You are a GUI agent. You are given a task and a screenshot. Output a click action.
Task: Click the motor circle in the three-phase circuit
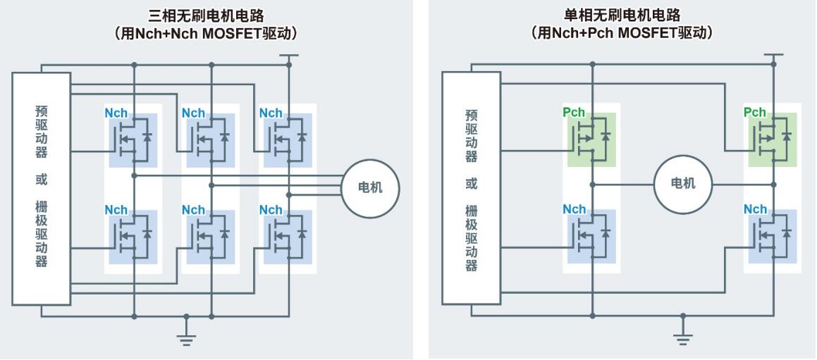click(371, 188)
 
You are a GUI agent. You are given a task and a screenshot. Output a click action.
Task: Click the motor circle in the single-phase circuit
click(683, 184)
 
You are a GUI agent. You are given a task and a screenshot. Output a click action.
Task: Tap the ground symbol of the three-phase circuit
click(187, 339)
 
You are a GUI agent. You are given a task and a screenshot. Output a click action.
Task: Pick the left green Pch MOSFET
click(591, 139)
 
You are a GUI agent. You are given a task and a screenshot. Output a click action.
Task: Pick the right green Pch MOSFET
click(773, 139)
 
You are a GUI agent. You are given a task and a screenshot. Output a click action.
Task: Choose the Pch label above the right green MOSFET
click(754, 113)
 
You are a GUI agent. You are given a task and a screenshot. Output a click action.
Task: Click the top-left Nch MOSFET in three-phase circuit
click(133, 139)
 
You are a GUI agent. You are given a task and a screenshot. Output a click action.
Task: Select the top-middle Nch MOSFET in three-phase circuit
click(211, 139)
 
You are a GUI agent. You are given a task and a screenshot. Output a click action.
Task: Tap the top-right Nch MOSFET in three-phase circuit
click(288, 139)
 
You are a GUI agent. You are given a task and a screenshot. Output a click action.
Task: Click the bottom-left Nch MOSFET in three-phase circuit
click(133, 237)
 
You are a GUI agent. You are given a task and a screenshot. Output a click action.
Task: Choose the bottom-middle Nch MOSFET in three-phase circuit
click(211, 237)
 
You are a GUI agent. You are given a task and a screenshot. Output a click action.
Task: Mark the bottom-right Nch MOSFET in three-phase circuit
click(288, 237)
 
